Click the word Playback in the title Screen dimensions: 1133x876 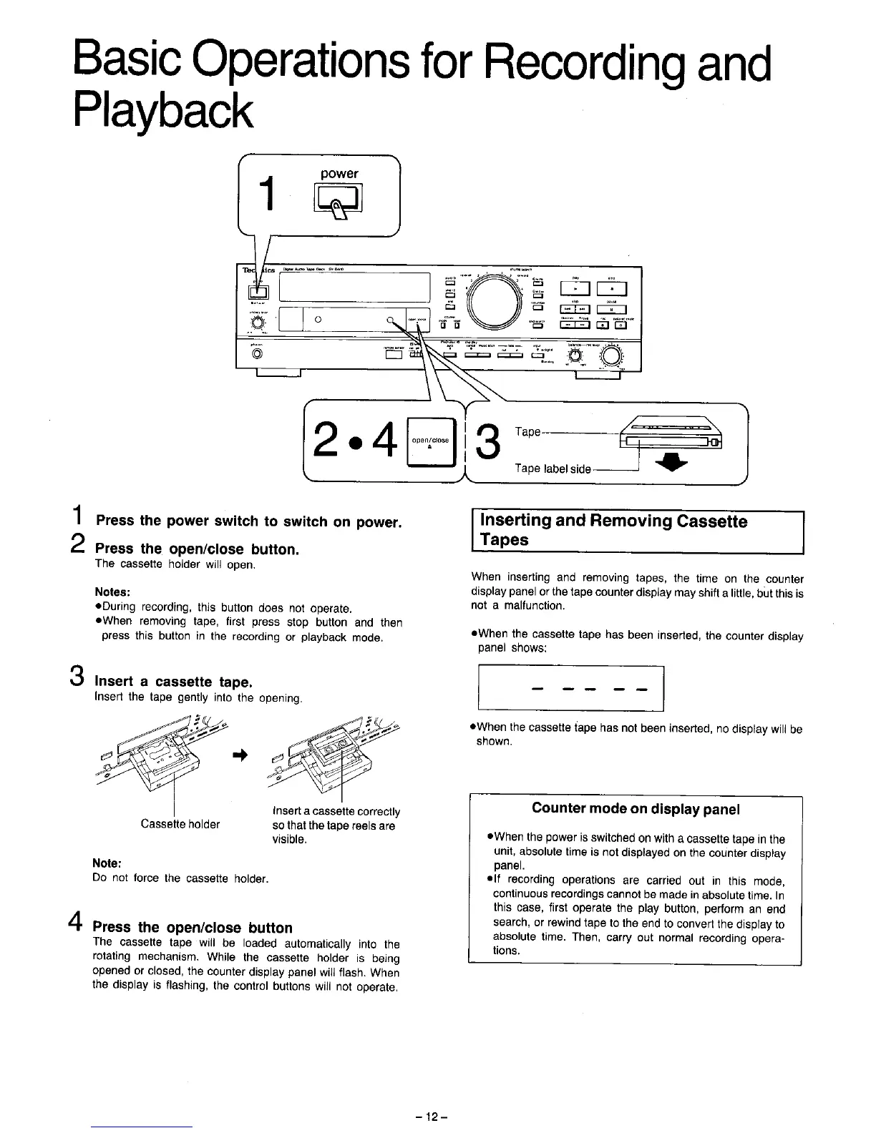click(x=163, y=109)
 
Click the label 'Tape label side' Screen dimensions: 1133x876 click(x=553, y=469)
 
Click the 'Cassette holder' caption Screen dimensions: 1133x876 click(x=180, y=824)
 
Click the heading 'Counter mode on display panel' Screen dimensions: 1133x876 click(x=636, y=809)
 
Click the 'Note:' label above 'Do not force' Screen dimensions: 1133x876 click(x=107, y=863)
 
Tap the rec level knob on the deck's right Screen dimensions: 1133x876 click(x=612, y=356)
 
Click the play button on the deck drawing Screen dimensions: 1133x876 click(x=576, y=290)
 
